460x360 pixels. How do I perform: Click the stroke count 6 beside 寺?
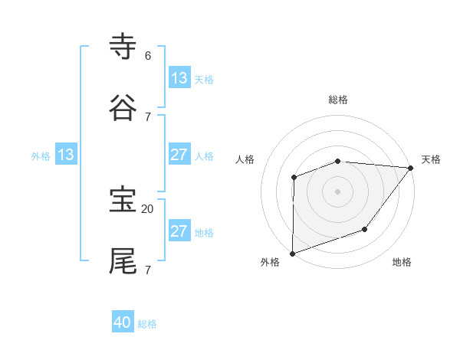pyautogui.click(x=148, y=56)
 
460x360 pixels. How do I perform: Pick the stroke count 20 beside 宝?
pyautogui.click(x=148, y=208)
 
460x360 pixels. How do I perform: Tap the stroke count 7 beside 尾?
pyautogui.click(x=148, y=270)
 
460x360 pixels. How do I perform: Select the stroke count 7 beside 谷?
pyautogui.click(x=148, y=116)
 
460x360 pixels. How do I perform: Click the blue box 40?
pyautogui.click(x=123, y=322)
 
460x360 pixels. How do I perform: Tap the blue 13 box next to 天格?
pyautogui.click(x=179, y=77)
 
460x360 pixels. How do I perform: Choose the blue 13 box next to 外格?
pyautogui.click(x=66, y=155)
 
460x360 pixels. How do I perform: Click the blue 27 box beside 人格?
pyautogui.click(x=179, y=155)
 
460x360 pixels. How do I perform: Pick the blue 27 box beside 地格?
pyautogui.click(x=179, y=231)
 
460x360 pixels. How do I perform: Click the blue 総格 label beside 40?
pyautogui.click(x=148, y=324)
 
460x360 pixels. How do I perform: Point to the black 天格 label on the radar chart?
pyautogui.click(x=431, y=159)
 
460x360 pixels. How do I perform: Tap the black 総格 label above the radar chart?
pyautogui.click(x=338, y=100)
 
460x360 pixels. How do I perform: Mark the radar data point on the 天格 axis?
pyautogui.click(x=412, y=167)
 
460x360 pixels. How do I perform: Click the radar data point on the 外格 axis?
pyautogui.click(x=293, y=253)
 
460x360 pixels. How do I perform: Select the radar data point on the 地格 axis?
pyautogui.click(x=366, y=229)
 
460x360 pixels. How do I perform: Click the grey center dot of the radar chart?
pyautogui.click(x=338, y=191)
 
